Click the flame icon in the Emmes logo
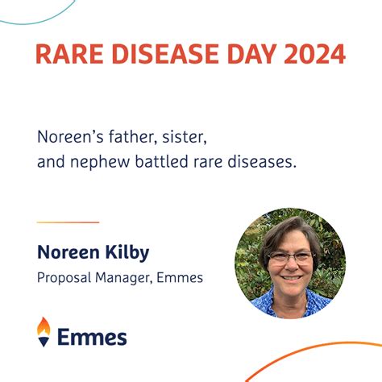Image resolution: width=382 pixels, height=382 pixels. tap(44, 330)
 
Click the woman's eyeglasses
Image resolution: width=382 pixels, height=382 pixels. tap(290, 258)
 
